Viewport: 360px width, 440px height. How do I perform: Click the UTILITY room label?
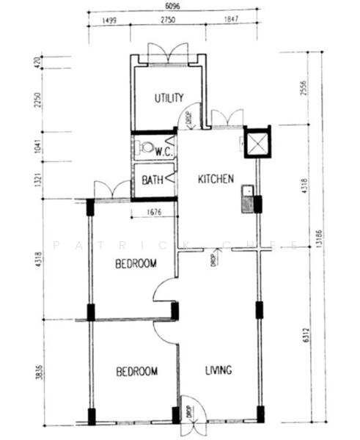click(x=168, y=98)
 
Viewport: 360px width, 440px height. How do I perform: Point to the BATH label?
click(x=153, y=180)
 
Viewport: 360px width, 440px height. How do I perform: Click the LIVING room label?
click(x=217, y=370)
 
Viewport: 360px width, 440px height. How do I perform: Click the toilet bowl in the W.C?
click(x=147, y=147)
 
